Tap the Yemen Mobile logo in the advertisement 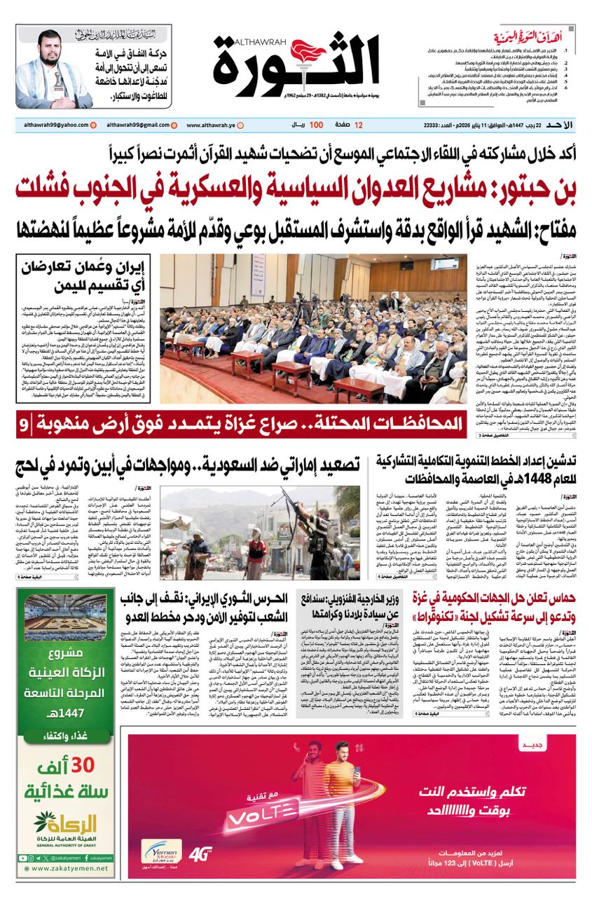pos(163,851)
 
